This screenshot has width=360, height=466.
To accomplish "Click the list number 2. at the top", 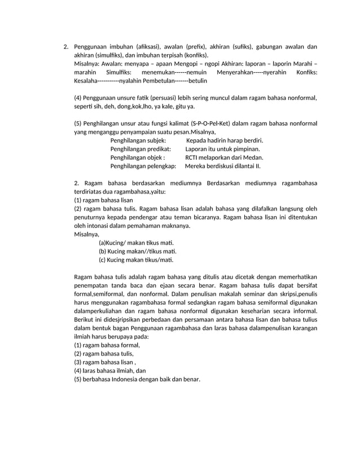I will [x=65, y=47].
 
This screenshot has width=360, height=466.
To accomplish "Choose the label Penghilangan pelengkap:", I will [x=143, y=166].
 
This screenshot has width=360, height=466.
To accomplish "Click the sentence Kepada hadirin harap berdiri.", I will [x=225, y=140].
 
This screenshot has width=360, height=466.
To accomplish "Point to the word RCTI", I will [x=193, y=157].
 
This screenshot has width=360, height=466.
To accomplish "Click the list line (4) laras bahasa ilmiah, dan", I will [x=110, y=371].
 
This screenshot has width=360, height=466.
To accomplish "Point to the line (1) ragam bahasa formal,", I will [x=107, y=345].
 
